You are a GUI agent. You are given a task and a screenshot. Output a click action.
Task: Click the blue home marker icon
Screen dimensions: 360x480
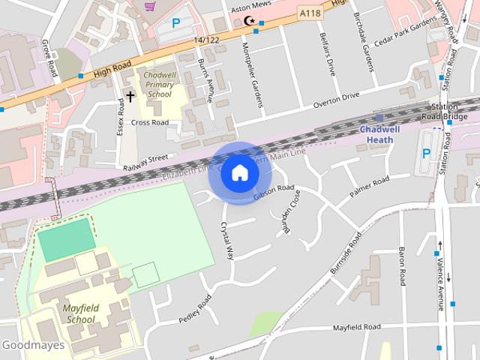pos(239,172)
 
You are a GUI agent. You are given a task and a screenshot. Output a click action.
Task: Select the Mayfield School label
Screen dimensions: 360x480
pos(80,313)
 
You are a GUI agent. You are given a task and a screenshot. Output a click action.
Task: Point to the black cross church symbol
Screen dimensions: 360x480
pos(130,96)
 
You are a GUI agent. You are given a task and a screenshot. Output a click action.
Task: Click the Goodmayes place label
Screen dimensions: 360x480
pos(32,346)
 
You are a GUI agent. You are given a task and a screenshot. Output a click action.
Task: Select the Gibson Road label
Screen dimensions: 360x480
pos(274,192)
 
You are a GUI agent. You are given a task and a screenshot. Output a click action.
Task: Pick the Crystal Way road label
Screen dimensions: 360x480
pos(226,240)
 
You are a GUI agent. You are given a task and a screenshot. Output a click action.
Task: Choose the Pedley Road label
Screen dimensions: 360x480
pos(195,308)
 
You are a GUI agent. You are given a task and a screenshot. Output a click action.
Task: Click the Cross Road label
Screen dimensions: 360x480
pos(150,121)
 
